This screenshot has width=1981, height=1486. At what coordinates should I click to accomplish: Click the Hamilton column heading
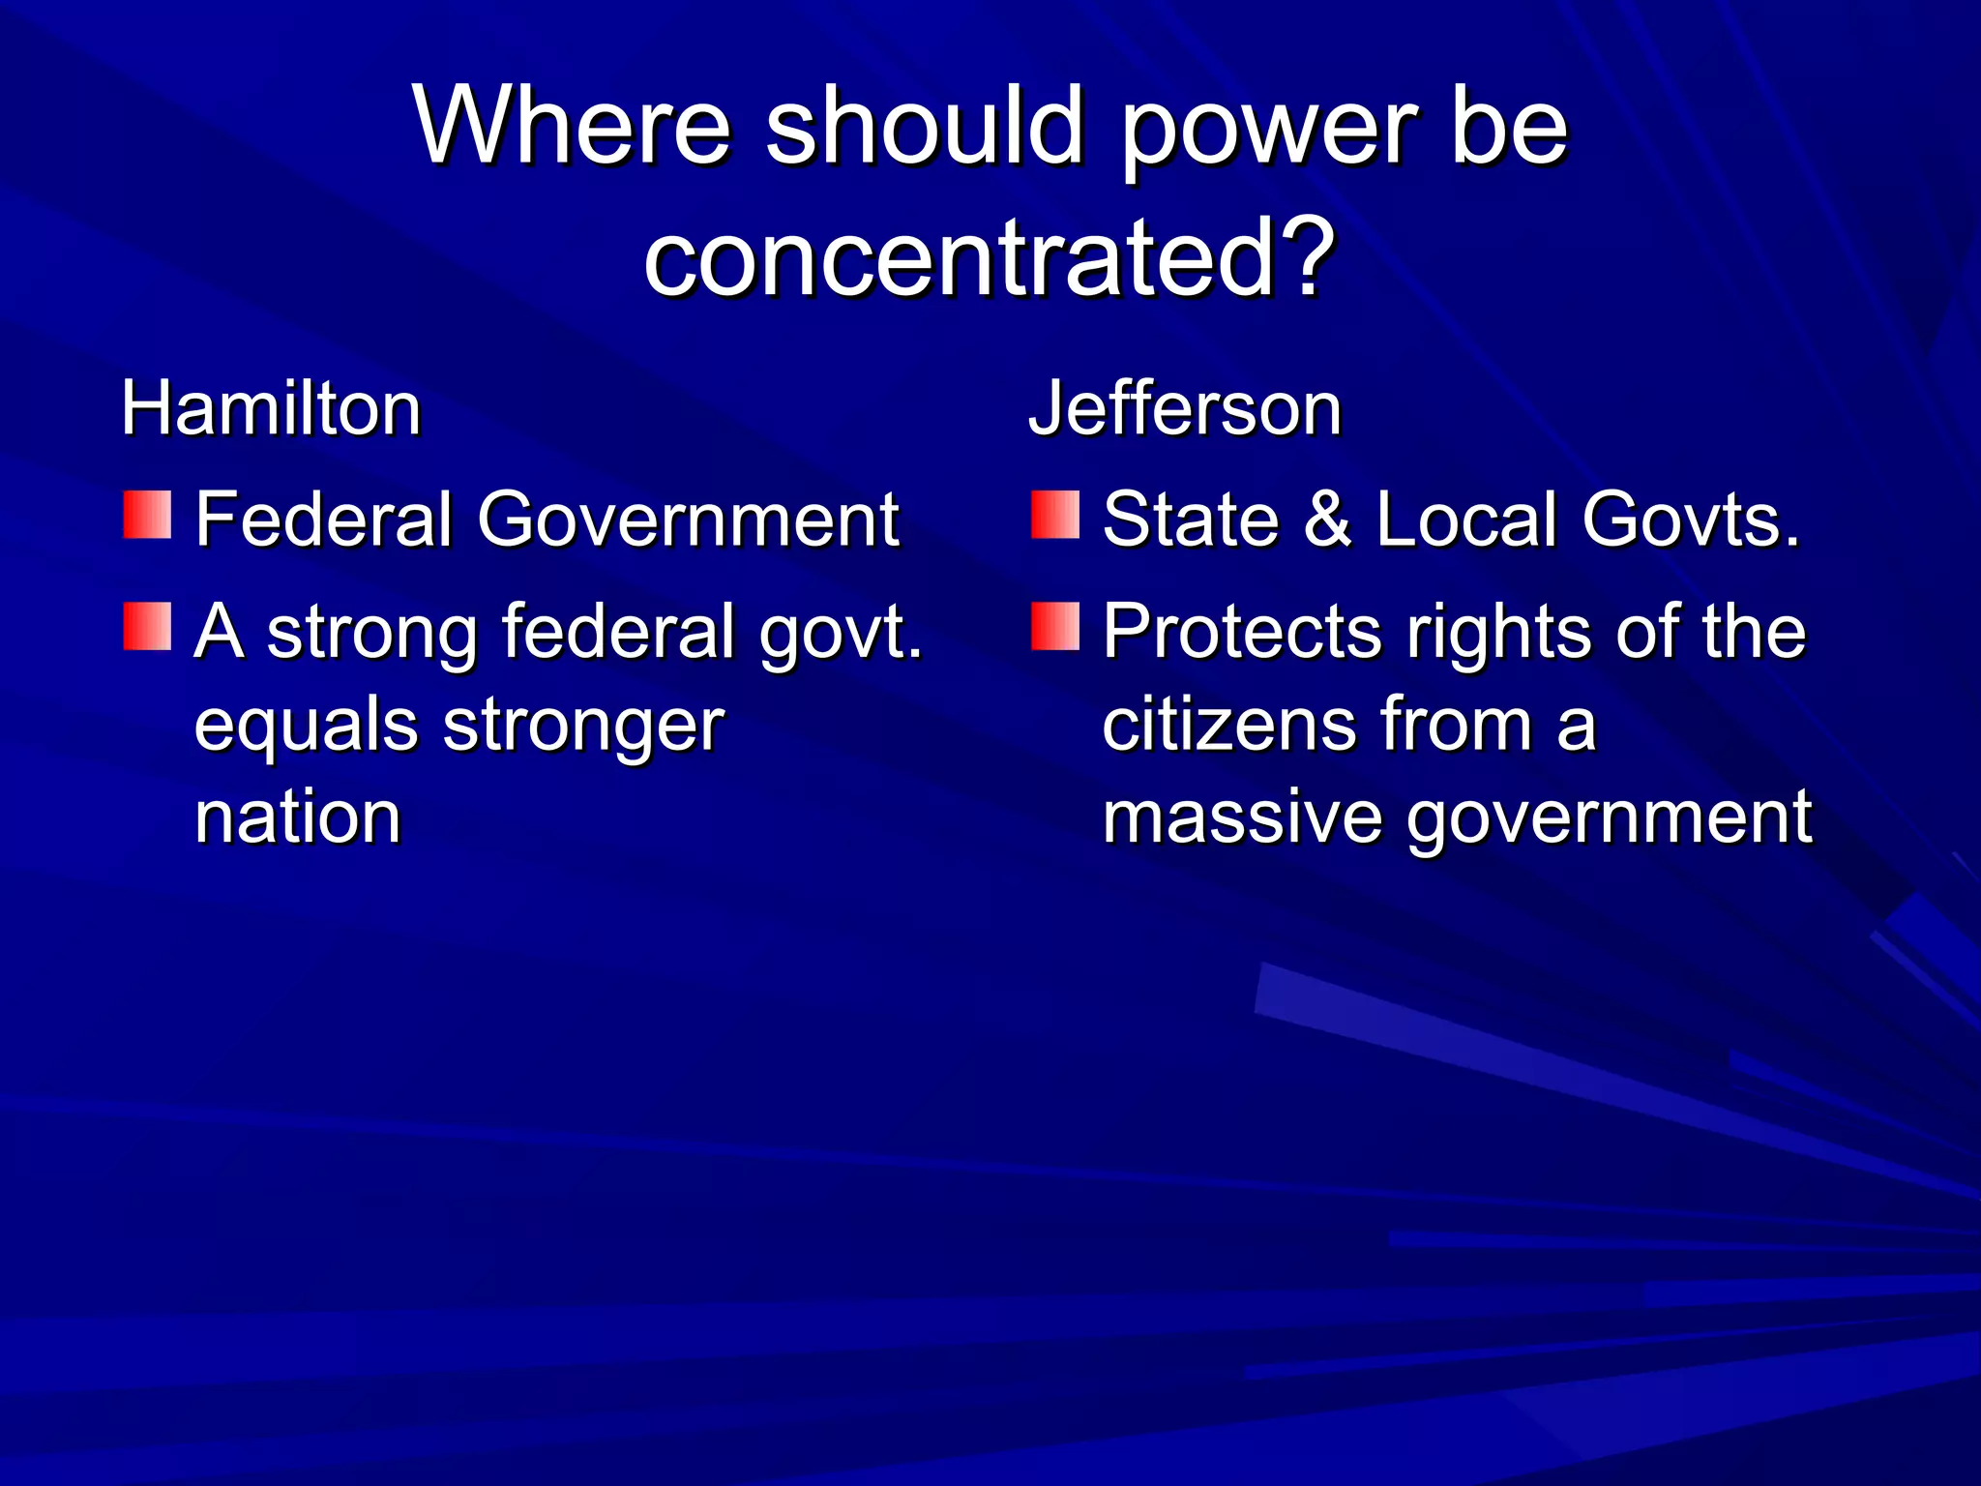coord(272,409)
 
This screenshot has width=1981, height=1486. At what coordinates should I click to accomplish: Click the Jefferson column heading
coord(1185,409)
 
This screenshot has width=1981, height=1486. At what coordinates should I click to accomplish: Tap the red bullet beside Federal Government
coord(147,515)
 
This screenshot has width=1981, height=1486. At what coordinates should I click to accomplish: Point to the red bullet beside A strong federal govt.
coord(147,626)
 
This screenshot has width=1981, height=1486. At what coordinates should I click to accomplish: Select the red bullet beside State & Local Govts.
coord(1055,515)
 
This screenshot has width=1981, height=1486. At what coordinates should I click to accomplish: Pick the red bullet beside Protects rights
coord(1055,626)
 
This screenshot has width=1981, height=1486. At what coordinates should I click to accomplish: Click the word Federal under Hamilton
coord(324,520)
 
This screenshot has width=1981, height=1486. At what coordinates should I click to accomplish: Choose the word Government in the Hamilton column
coord(688,520)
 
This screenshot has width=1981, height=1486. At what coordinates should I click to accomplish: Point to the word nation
coord(298,817)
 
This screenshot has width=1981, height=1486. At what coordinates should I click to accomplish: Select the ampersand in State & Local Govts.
coord(1327,520)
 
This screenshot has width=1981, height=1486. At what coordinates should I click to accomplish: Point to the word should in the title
coord(925,126)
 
